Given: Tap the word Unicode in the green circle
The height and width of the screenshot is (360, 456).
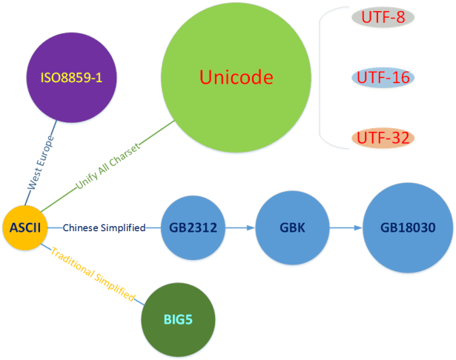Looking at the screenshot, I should (237, 77).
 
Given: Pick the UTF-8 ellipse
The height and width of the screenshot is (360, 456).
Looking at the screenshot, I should (382, 17).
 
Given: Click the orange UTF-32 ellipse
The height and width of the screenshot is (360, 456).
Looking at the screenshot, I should (383, 137).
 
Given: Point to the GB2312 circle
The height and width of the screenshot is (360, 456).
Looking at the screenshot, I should (193, 228).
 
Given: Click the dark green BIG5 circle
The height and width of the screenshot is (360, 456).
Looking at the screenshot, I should (178, 319).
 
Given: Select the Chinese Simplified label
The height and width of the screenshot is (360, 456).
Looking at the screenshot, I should (104, 228).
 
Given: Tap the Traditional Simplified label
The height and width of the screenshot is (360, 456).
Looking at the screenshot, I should (93, 275).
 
